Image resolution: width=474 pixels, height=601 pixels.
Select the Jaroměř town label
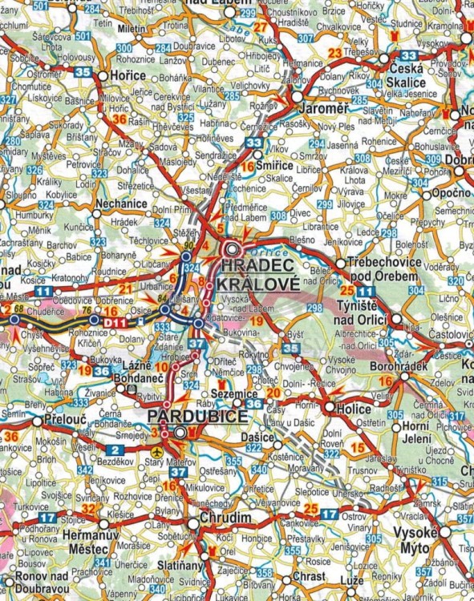tap(323, 106)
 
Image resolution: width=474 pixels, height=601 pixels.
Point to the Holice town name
tap(352, 407)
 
